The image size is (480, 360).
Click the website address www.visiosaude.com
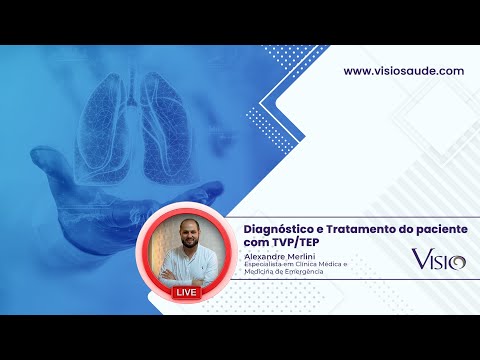(x=403, y=71)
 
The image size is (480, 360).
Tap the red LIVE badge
(x=186, y=292)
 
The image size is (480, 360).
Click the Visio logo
(x=438, y=260)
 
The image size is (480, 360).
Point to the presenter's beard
(x=187, y=246)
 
